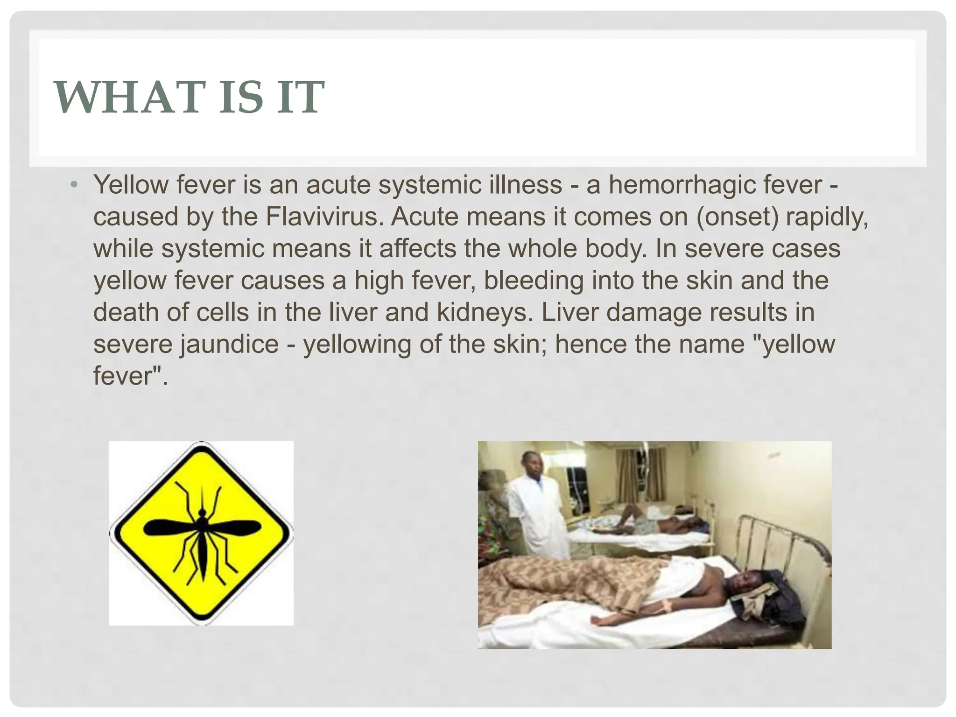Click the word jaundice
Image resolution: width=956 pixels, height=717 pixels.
pyautogui.click(x=230, y=344)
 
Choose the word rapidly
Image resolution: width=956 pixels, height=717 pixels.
pyautogui.click(x=827, y=217)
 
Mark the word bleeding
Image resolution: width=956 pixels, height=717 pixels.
pyautogui.click(x=534, y=281)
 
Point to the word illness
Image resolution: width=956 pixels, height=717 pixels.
pyautogui.click(x=525, y=185)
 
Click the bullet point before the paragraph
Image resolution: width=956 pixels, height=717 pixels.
pyautogui.click(x=73, y=185)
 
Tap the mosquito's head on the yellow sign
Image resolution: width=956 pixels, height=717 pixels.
pyautogui.click(x=202, y=513)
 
